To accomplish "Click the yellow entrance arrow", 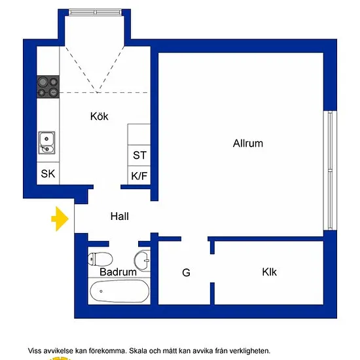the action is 60,219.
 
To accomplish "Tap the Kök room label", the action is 99,116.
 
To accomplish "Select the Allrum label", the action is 248,143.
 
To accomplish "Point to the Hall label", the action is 119,216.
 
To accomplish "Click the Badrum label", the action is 118,272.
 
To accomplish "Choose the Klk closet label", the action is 269,272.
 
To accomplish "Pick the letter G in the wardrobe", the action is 186,273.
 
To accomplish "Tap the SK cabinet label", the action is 48,173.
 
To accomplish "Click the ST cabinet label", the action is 139,155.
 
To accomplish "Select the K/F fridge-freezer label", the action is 139,176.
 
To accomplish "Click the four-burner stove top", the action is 48,87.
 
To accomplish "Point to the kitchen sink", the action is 46,143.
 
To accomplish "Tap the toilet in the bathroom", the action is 100,259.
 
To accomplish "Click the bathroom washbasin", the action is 142,261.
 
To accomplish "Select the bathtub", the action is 119,291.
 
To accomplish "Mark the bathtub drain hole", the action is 101,291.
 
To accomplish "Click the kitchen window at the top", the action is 96,12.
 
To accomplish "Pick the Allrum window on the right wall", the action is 330,170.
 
